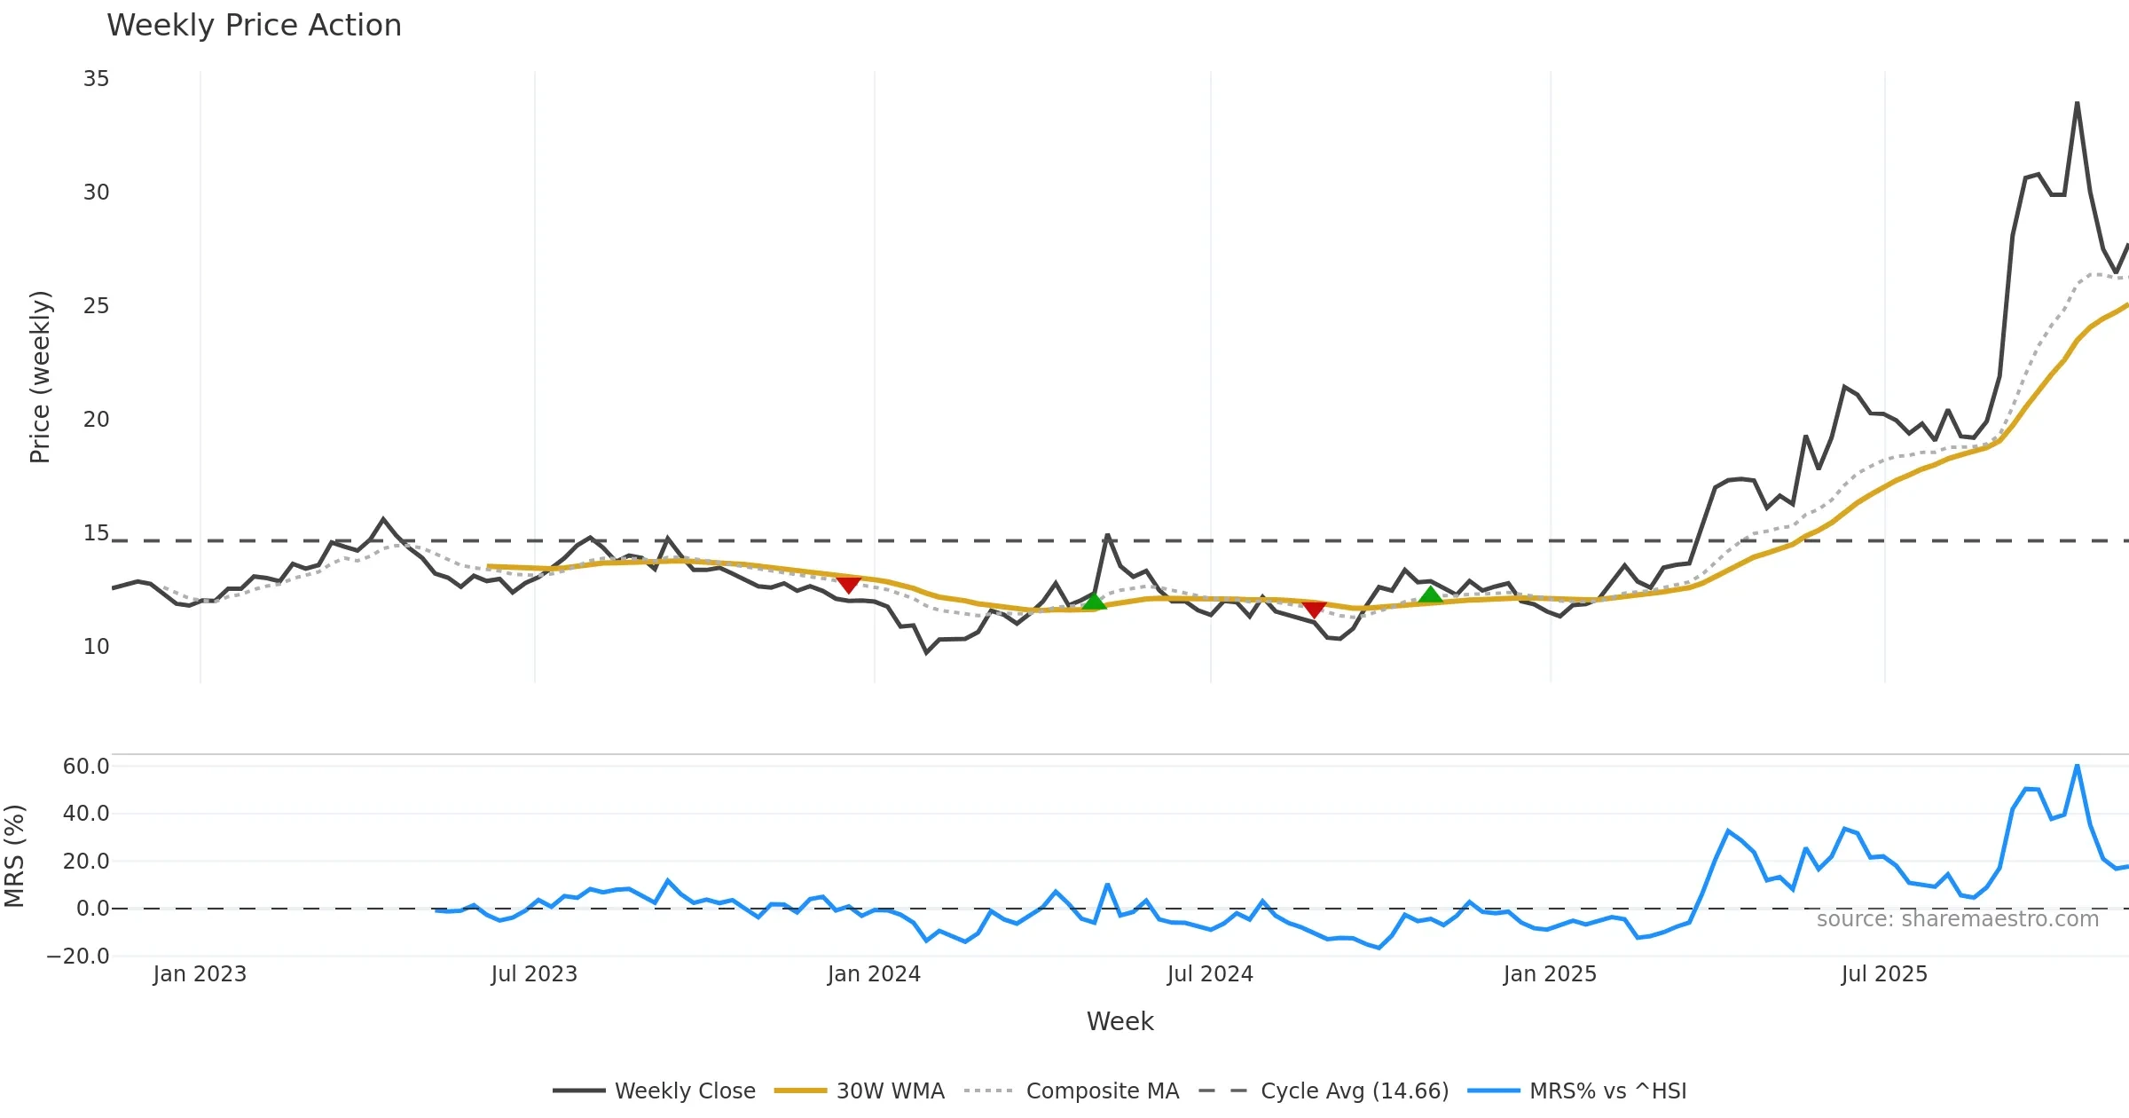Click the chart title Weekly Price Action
[254, 26]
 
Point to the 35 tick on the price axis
[97, 79]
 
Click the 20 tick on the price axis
[97, 420]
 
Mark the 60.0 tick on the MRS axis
[86, 767]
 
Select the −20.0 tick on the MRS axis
[79, 957]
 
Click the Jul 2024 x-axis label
[1210, 974]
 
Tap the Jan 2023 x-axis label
[200, 974]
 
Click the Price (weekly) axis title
[40, 377]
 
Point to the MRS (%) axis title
[15, 856]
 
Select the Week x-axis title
[1119, 1022]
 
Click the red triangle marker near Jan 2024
[849, 585]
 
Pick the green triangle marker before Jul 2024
[1095, 602]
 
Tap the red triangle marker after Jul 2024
[1314, 609]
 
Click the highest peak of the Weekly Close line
[2077, 103]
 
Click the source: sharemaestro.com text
[1957, 919]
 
